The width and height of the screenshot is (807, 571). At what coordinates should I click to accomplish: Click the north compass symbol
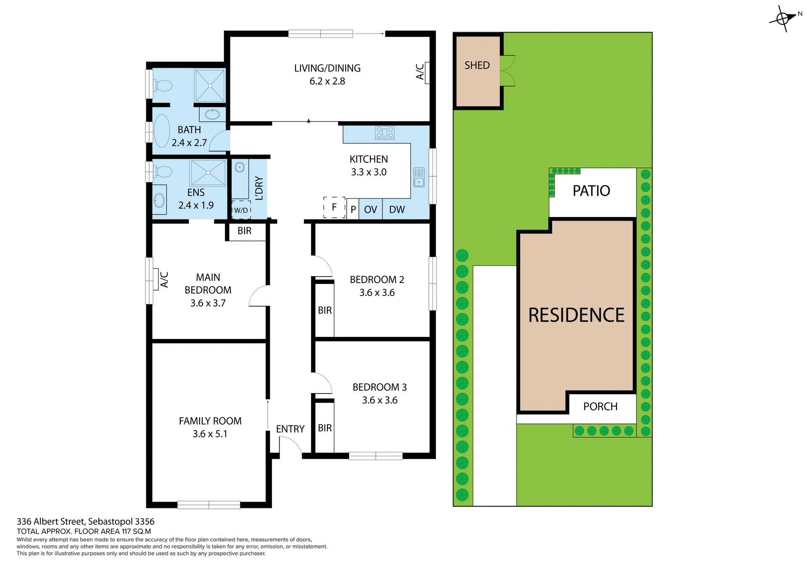(783, 19)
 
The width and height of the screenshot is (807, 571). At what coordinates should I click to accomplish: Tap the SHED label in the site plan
(477, 66)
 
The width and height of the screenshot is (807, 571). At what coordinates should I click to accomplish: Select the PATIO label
(591, 191)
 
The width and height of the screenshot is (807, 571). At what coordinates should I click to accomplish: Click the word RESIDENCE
(576, 315)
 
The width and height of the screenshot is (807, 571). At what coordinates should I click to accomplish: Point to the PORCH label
(600, 407)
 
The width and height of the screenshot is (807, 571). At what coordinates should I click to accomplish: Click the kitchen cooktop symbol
(385, 133)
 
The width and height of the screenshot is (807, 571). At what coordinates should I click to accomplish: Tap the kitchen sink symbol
(419, 177)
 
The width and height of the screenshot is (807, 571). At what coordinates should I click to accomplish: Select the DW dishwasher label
(397, 210)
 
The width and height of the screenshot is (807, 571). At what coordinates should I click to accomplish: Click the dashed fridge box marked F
(334, 207)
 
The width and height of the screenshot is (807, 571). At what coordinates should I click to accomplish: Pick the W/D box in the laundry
(241, 210)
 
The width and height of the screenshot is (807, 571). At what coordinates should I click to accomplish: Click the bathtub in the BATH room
(162, 130)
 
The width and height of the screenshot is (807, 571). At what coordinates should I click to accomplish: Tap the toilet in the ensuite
(163, 172)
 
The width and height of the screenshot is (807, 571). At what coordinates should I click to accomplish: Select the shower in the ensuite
(208, 172)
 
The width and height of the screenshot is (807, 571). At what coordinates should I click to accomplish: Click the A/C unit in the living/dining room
(427, 72)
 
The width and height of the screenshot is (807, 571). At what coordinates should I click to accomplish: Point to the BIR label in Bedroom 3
(324, 428)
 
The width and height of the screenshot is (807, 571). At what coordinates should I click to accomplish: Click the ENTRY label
(290, 429)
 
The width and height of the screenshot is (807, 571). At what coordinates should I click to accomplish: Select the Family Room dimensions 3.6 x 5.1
(210, 434)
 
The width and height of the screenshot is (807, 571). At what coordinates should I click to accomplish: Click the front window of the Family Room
(208, 505)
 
